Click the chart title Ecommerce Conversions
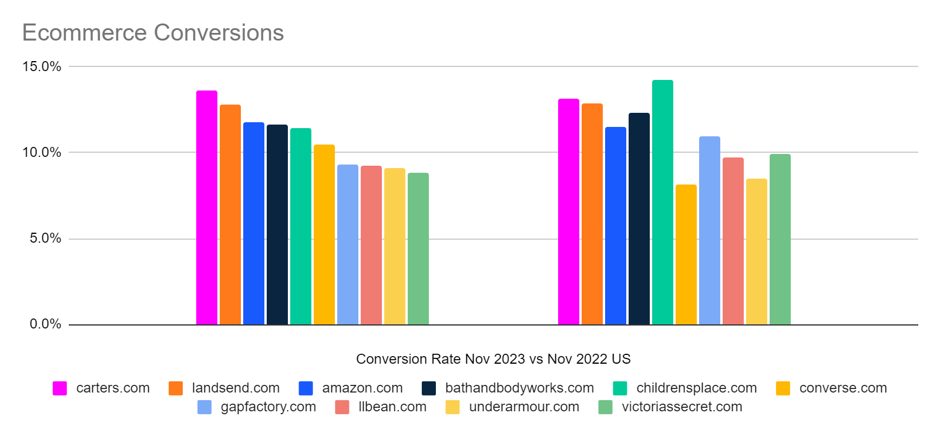click(153, 33)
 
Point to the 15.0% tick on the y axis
click(42, 66)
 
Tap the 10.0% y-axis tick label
click(42, 153)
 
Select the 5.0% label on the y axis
click(45, 239)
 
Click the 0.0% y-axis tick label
click(45, 324)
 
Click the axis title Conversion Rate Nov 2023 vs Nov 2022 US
click(493, 359)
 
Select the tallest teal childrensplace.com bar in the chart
click(663, 203)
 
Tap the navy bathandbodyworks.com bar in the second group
click(639, 219)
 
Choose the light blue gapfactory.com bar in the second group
click(710, 230)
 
